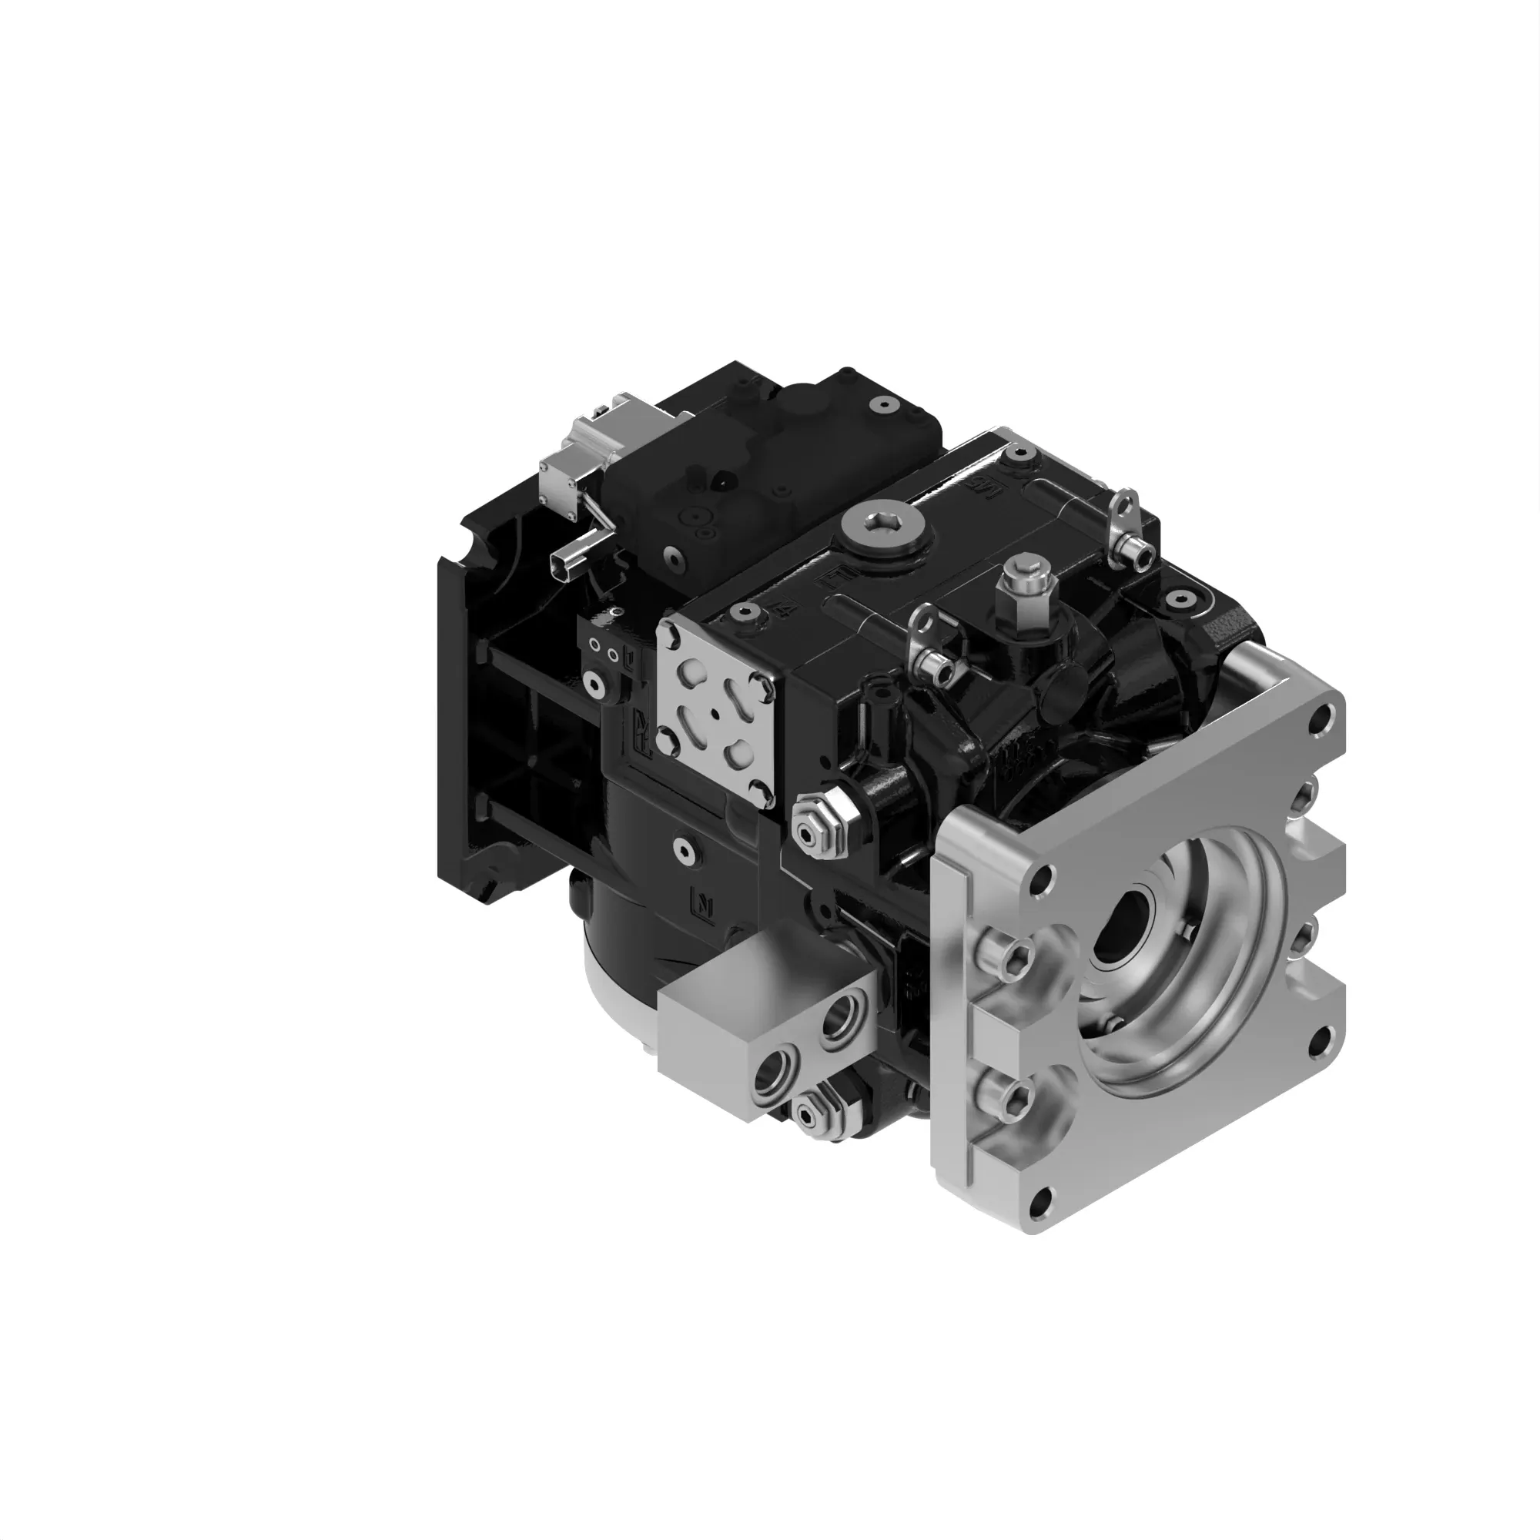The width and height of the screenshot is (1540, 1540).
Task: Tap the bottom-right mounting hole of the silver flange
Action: pyautogui.click(x=1317, y=1039)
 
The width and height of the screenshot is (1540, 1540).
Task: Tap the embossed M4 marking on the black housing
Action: pyautogui.click(x=784, y=612)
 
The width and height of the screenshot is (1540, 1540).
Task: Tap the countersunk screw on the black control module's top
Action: pyautogui.click(x=882, y=406)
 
